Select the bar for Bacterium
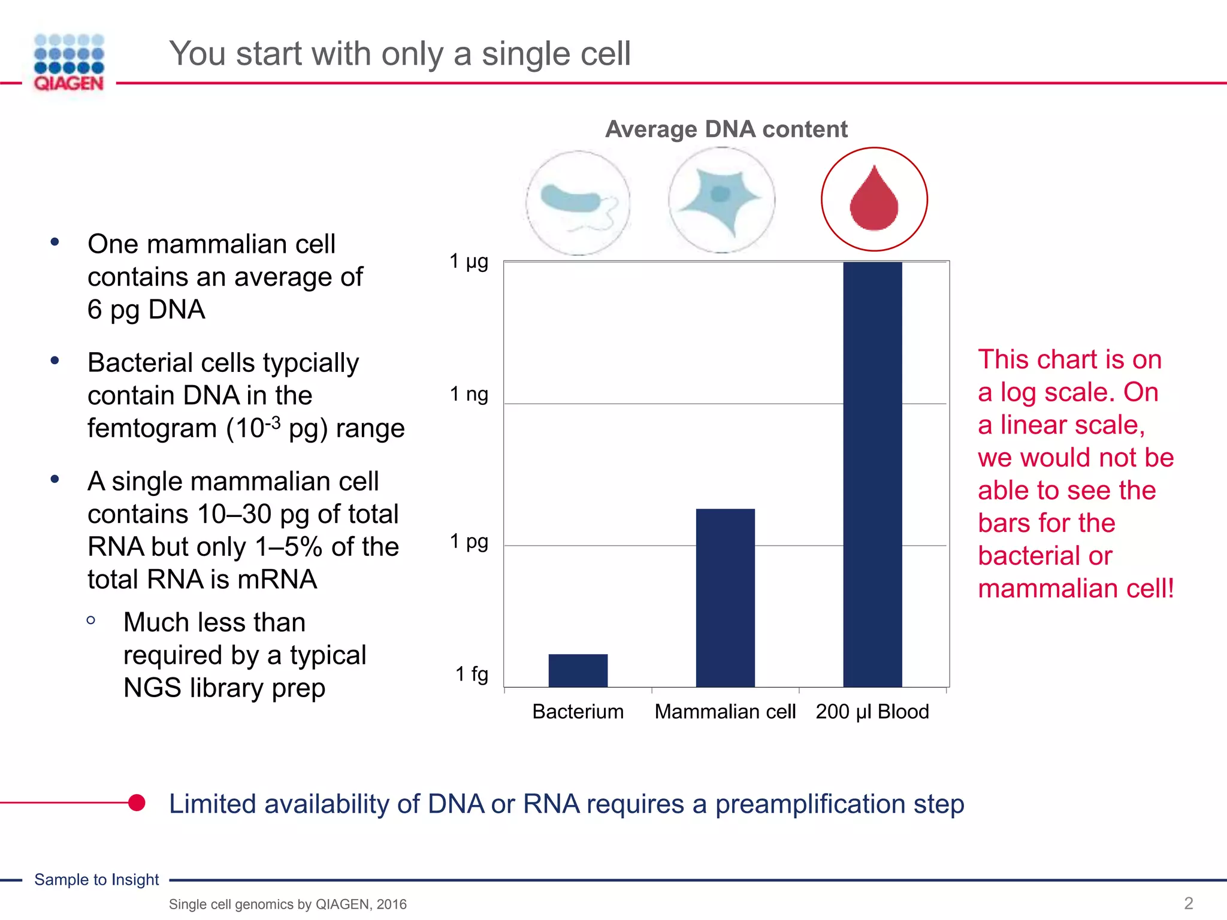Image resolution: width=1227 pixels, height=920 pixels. (578, 670)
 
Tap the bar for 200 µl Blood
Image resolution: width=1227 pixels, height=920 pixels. (872, 474)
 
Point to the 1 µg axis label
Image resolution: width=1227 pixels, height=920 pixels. (469, 262)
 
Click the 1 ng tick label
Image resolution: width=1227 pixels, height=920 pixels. (469, 395)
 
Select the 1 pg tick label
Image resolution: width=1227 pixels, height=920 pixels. (469, 542)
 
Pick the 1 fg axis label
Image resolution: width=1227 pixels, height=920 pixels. (472, 674)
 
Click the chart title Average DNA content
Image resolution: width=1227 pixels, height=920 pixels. (726, 129)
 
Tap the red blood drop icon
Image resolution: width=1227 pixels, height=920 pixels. (874, 199)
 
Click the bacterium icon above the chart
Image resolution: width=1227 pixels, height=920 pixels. (578, 202)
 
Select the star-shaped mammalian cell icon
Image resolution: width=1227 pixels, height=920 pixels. (721, 200)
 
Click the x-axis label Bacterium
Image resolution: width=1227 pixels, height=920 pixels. (578, 712)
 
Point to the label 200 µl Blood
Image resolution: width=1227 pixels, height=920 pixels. (872, 712)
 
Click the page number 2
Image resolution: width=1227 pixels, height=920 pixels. (1188, 903)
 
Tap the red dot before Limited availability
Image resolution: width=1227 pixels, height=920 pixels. (137, 803)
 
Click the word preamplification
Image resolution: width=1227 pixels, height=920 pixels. (810, 804)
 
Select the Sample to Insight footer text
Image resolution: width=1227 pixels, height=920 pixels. (96, 879)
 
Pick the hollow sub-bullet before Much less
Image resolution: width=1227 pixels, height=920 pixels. (91, 621)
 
